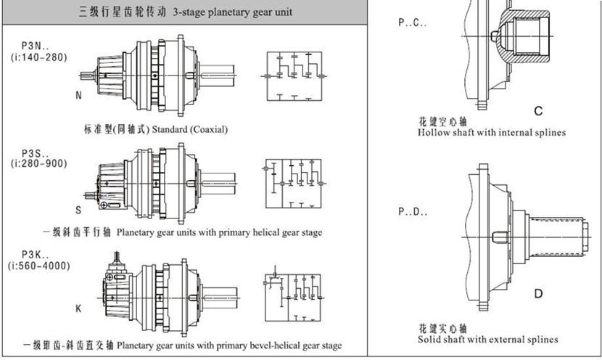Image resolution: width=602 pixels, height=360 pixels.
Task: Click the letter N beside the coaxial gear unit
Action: click(x=78, y=95)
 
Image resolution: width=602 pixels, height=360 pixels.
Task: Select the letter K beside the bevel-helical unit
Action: click(x=78, y=308)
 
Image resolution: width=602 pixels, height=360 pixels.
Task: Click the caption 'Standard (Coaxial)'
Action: click(x=190, y=129)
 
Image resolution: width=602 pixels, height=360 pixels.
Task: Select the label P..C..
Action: click(x=413, y=22)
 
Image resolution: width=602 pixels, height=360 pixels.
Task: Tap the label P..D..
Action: click(x=413, y=213)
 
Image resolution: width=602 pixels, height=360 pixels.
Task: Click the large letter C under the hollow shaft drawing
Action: click(x=538, y=110)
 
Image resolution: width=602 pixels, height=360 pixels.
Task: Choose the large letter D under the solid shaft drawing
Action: click(x=538, y=293)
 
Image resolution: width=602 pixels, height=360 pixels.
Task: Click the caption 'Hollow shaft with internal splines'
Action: click(x=492, y=133)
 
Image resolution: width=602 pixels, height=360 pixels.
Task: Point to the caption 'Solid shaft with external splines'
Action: click(x=488, y=339)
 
